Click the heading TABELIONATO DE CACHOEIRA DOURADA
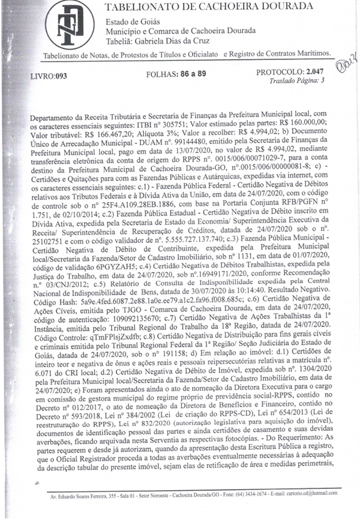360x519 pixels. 209,7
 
